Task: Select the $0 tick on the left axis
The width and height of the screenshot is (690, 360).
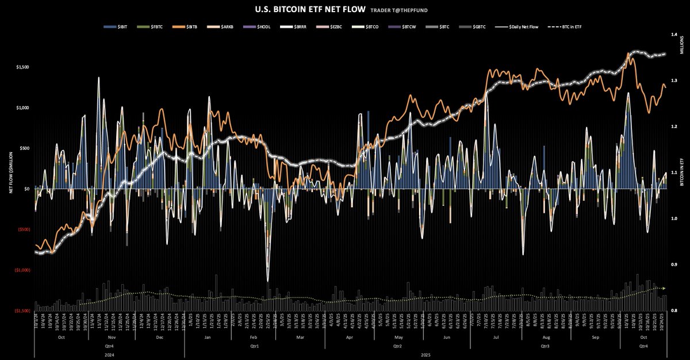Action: click(25, 189)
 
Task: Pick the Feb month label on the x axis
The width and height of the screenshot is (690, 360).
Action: click(254, 338)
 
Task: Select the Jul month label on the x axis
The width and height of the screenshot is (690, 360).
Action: click(495, 338)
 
